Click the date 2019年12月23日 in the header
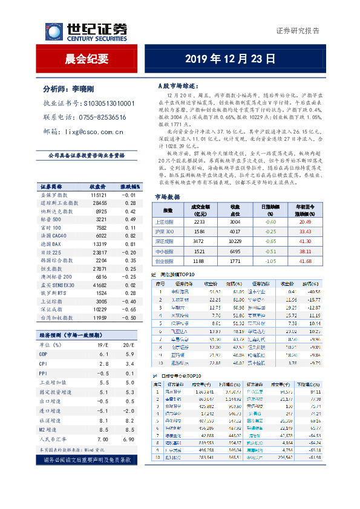230,59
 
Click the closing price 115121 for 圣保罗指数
99,195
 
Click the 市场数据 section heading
167,180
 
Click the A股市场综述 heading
173,86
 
